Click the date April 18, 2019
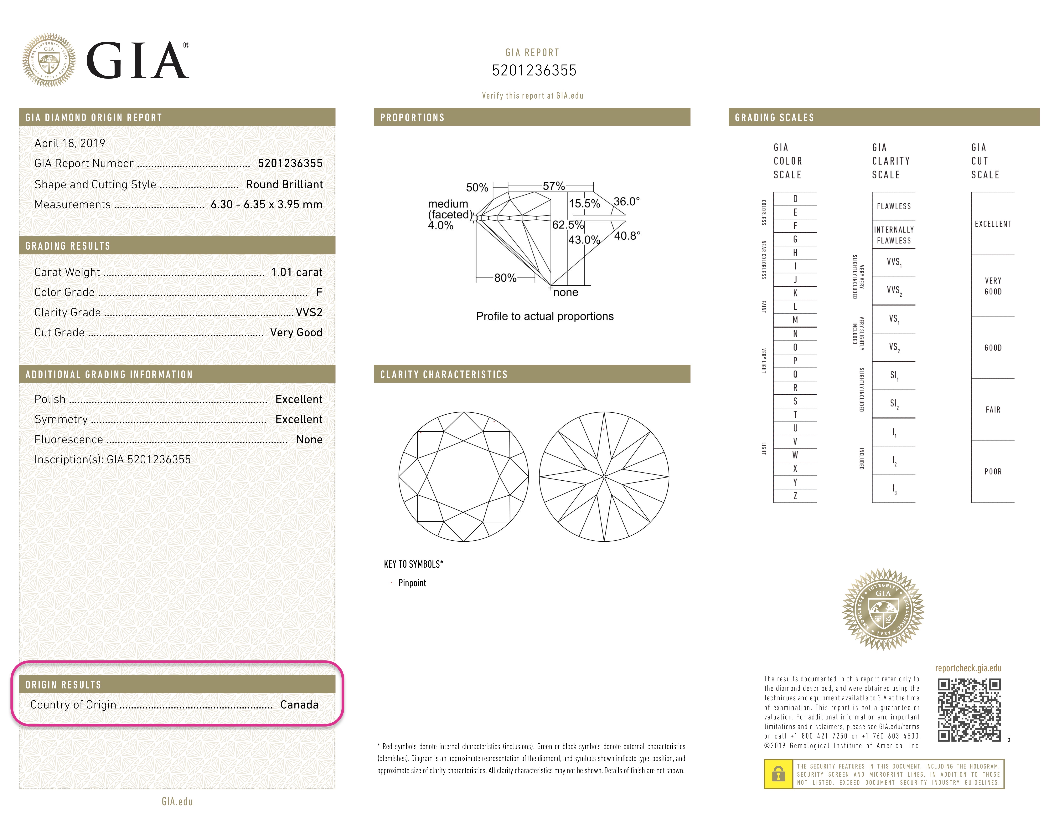[70, 143]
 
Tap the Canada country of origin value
[299, 705]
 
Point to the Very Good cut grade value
[296, 332]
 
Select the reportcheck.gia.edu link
[968, 668]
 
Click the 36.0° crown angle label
[627, 201]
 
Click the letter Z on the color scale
[795, 496]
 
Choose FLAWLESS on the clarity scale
[894, 207]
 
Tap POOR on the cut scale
[993, 472]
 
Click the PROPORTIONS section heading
[412, 118]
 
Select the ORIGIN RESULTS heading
[64, 685]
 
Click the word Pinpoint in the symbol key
[412, 583]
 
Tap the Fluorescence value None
[309, 440]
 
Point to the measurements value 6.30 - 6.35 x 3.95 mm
[266, 204]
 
